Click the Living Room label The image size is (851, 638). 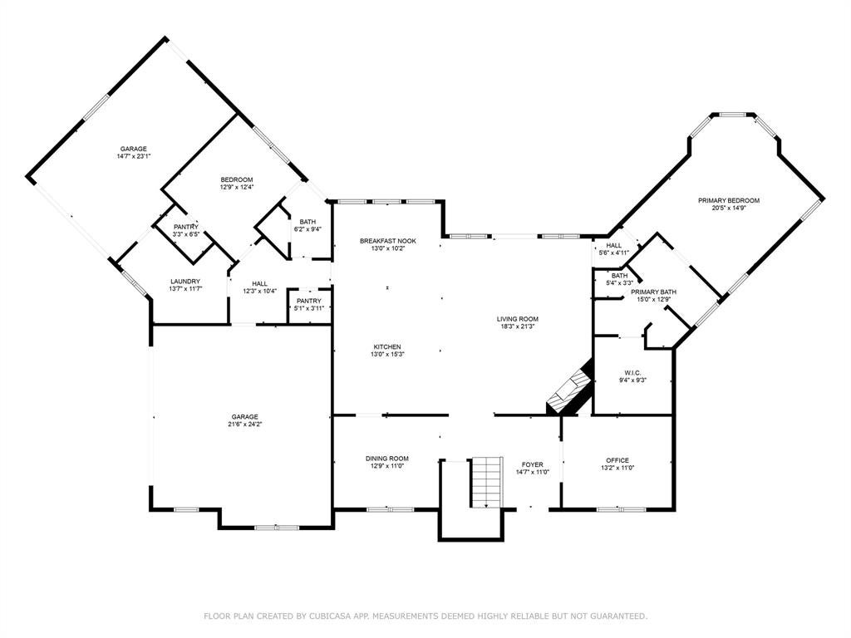click(x=518, y=319)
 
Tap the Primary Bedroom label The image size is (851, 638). click(x=728, y=200)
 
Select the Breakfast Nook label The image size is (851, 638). click(x=387, y=241)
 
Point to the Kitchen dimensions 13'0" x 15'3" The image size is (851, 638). click(x=387, y=354)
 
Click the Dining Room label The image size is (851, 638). click(x=387, y=459)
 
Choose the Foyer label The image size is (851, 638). click(x=533, y=464)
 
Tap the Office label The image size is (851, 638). click(x=617, y=460)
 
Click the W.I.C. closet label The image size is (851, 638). click(x=632, y=373)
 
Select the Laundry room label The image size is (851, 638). click(x=185, y=282)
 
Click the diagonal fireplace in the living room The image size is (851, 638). click(x=569, y=387)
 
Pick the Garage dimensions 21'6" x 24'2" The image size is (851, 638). click(x=246, y=424)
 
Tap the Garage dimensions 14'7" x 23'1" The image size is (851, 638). click(x=134, y=156)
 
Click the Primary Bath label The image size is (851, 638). click(x=653, y=292)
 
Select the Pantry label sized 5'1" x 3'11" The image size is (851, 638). click(x=309, y=301)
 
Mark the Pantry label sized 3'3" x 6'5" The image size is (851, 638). click(x=186, y=227)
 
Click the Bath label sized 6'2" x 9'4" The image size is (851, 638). click(x=307, y=221)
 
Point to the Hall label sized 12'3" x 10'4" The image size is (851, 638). click(x=259, y=283)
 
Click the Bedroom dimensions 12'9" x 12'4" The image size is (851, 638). click(x=237, y=187)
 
